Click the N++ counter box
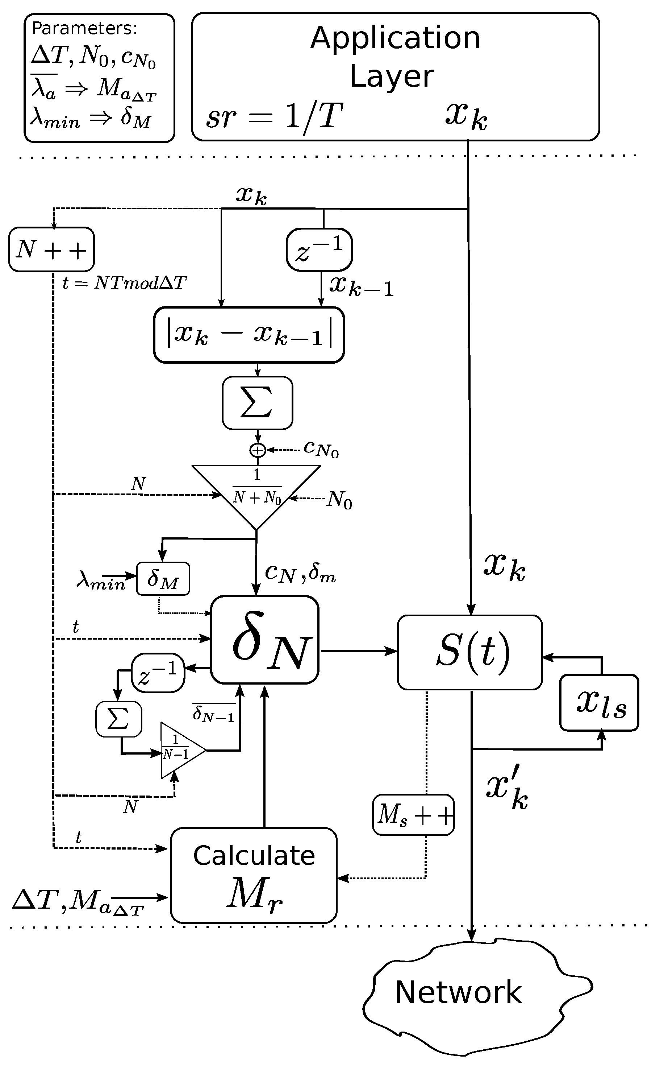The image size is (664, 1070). click(51, 249)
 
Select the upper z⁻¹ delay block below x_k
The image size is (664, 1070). click(319, 249)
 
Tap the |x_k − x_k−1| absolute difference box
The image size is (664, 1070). click(249, 335)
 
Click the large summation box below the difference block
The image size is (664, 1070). click(257, 403)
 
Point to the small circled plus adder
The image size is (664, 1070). click(258, 450)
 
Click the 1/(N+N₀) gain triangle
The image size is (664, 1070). click(256, 492)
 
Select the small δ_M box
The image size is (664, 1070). click(163, 579)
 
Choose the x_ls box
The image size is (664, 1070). click(599, 703)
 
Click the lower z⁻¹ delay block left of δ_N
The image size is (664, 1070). click(158, 673)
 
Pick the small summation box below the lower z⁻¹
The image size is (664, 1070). click(118, 719)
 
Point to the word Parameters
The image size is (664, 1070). click(85, 28)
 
